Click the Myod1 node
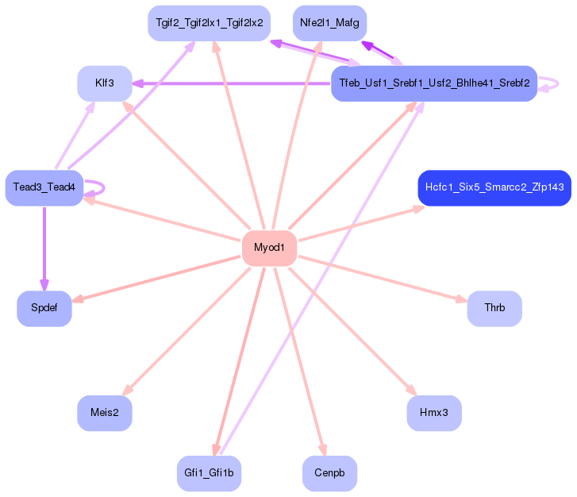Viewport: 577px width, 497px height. pyautogui.click(x=269, y=248)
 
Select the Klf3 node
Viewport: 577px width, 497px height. pyautogui.click(x=104, y=83)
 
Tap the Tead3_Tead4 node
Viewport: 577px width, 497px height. pyautogui.click(x=44, y=187)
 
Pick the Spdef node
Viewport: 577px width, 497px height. pyautogui.click(x=44, y=308)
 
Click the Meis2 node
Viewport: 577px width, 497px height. pyautogui.click(x=104, y=413)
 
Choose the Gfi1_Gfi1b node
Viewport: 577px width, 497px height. pyautogui.click(x=209, y=473)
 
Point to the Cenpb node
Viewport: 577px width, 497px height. pyautogui.click(x=329, y=473)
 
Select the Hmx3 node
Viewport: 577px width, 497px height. pyautogui.click(x=433, y=413)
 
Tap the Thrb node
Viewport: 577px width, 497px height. pyautogui.click(x=494, y=308)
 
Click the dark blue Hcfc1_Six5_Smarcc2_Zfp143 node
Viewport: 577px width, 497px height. pyautogui.click(x=494, y=187)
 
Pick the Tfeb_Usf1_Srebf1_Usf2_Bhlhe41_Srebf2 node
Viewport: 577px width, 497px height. pyautogui.click(x=434, y=83)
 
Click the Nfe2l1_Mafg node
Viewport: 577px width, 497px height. pyautogui.click(x=329, y=23)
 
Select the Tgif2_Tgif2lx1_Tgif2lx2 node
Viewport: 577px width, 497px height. pyautogui.click(x=209, y=23)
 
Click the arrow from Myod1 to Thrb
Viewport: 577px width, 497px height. pyautogui.click(x=381, y=278)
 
